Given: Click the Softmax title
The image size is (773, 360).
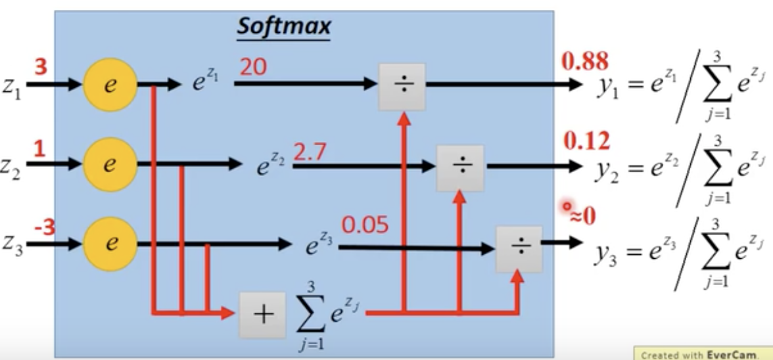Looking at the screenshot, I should (x=284, y=26).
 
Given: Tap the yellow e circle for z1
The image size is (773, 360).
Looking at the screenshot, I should (x=110, y=85).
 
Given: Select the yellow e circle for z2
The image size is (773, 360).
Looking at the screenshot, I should (x=110, y=164).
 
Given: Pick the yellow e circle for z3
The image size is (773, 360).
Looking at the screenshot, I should (x=110, y=244).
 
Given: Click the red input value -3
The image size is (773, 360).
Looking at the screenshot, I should (x=44, y=229).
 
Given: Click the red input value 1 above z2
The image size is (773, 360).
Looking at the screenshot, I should (x=39, y=149).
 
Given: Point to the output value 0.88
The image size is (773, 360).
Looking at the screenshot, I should (x=584, y=61).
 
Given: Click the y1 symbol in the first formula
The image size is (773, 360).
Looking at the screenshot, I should (x=606, y=88).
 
